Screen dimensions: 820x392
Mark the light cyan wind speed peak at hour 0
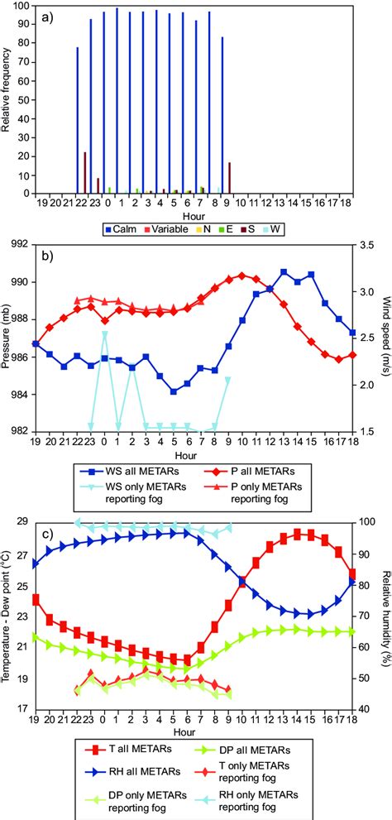(x=104, y=333)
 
